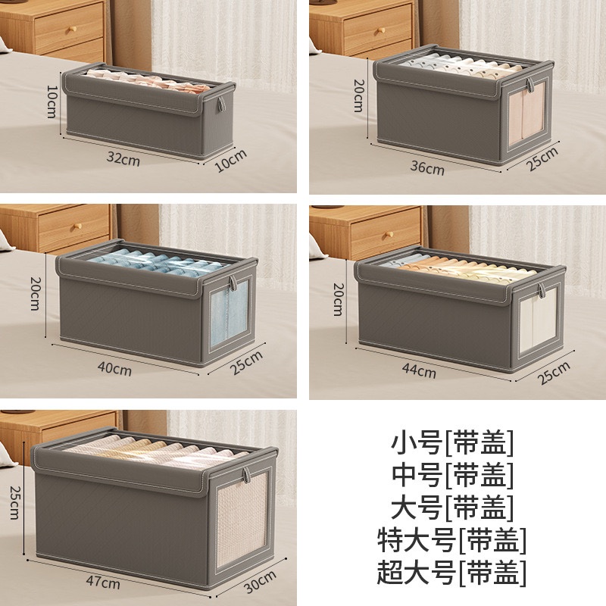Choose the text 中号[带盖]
[x=452, y=475]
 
